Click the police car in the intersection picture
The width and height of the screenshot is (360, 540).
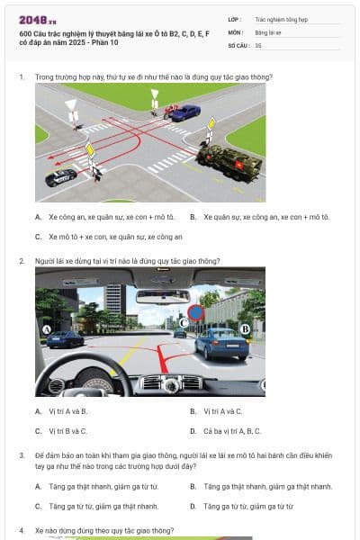pyautogui.click(x=61, y=176)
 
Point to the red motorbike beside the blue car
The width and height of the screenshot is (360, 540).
pyautogui.click(x=167, y=112)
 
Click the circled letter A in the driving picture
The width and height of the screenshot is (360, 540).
pyautogui.click(x=46, y=330)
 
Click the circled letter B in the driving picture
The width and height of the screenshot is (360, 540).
pyautogui.click(x=245, y=329)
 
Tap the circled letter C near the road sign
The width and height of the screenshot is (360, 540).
pyautogui.click(x=183, y=321)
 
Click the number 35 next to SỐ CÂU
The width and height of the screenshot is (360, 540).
pyautogui.click(x=258, y=44)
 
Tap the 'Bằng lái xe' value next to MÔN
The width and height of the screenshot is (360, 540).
pyautogui.click(x=268, y=31)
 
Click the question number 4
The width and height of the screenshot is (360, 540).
pyautogui.click(x=22, y=531)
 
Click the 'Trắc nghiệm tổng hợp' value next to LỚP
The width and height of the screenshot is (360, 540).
pyautogui.click(x=279, y=18)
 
